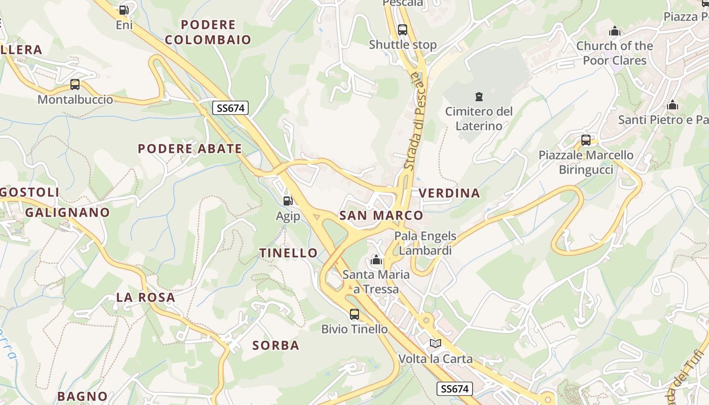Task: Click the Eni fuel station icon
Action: click(x=124, y=10)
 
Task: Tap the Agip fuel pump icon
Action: click(x=288, y=201)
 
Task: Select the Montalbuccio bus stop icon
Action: click(x=75, y=85)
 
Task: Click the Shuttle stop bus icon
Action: click(x=403, y=30)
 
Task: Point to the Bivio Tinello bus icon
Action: click(x=354, y=314)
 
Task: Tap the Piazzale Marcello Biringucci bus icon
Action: click(x=586, y=140)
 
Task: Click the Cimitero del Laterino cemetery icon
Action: click(x=479, y=96)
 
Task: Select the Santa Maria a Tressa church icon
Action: click(x=376, y=261)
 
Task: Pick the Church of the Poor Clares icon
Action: click(x=615, y=31)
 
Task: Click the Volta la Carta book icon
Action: click(x=436, y=344)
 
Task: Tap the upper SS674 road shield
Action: click(x=230, y=108)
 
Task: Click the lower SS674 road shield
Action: click(x=454, y=389)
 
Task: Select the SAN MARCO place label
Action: click(x=381, y=215)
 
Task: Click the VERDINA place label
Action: click(x=449, y=193)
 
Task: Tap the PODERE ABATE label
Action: click(x=190, y=148)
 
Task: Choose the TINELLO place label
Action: click(x=289, y=253)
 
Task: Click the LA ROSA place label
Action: click(x=146, y=297)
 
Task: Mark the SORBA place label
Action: click(x=276, y=345)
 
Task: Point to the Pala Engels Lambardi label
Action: click(x=425, y=243)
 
